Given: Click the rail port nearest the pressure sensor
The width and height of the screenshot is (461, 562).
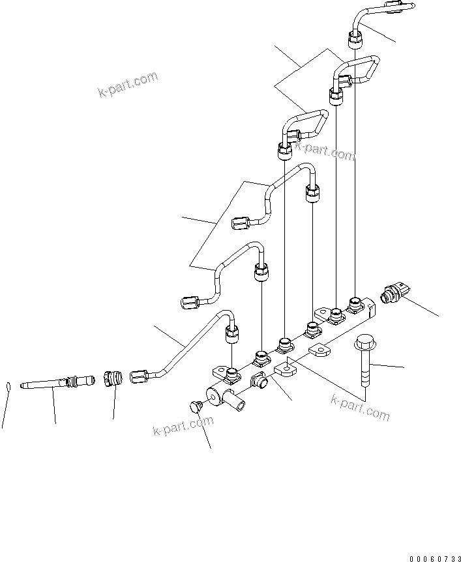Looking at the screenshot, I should (x=355, y=303).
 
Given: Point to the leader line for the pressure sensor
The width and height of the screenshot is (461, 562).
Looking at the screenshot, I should (x=421, y=307).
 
